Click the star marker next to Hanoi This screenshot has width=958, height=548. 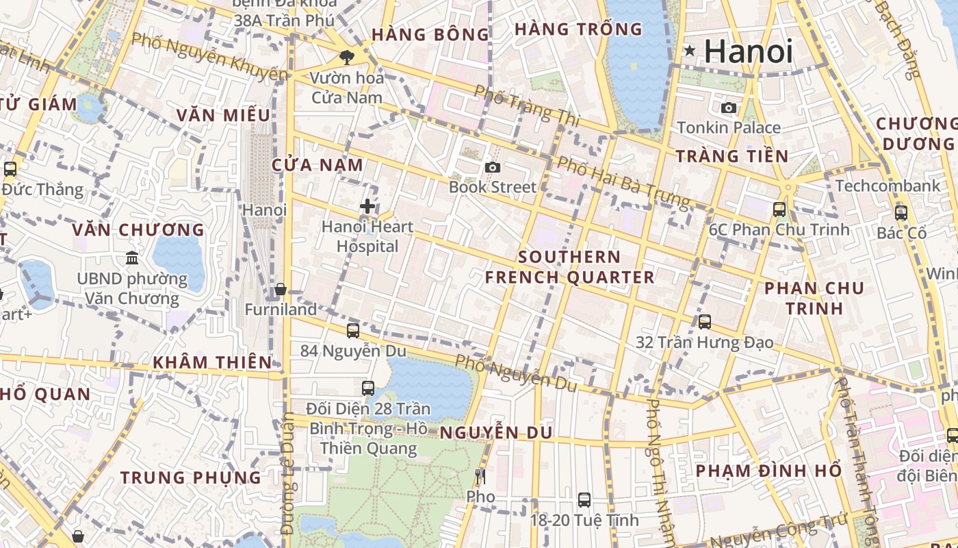pyautogui.click(x=690, y=50)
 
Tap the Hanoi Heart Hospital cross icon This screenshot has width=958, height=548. pyautogui.click(x=367, y=206)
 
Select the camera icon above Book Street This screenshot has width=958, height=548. pyautogui.click(x=492, y=167)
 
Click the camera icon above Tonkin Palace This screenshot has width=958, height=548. pyautogui.click(x=729, y=108)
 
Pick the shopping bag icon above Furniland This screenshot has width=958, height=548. pyautogui.click(x=280, y=290)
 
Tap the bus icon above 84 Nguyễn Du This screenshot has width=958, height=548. pyautogui.click(x=353, y=331)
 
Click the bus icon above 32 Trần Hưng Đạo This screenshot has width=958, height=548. pyautogui.click(x=705, y=321)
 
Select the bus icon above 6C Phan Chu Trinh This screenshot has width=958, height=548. pyautogui.click(x=779, y=210)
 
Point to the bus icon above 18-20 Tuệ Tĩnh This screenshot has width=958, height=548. pyautogui.click(x=584, y=500)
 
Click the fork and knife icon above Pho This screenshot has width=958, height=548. pyautogui.click(x=480, y=476)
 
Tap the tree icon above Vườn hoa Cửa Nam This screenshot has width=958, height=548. pyautogui.click(x=347, y=58)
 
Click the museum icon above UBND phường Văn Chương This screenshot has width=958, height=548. pyautogui.click(x=132, y=258)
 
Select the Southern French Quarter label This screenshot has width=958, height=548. pyautogui.click(x=569, y=267)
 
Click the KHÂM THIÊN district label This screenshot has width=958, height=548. pyautogui.click(x=212, y=362)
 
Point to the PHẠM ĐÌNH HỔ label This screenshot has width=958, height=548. pyautogui.click(x=768, y=471)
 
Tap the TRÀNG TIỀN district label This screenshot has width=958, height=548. pyautogui.click(x=732, y=156)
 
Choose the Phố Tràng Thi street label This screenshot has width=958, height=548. pyautogui.click(x=526, y=105)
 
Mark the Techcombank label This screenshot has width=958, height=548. pyautogui.click(x=888, y=186)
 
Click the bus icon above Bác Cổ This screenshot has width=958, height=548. pyautogui.click(x=901, y=212)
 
